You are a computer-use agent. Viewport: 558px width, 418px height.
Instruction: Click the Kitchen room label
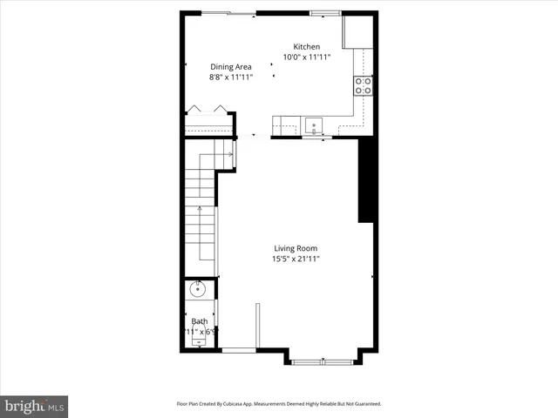[x=306, y=47]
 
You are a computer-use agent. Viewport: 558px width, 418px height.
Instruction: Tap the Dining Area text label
[x=231, y=66]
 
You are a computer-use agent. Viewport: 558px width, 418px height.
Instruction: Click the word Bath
[x=200, y=321]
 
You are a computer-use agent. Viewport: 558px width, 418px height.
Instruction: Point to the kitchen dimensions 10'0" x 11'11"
[x=306, y=58]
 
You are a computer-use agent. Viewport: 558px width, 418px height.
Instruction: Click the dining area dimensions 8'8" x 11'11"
[x=231, y=77]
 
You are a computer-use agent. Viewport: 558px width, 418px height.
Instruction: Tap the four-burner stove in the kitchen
[x=363, y=84]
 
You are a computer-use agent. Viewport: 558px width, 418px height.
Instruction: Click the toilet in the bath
[x=199, y=341]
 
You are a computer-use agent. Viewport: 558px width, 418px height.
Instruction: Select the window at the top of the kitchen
[x=325, y=13]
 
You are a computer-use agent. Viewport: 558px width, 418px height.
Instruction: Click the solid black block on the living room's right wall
[x=367, y=180]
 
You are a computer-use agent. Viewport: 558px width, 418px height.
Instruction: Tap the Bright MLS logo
[x=34, y=406]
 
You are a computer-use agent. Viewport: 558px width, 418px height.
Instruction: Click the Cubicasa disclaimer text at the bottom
[x=278, y=404]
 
